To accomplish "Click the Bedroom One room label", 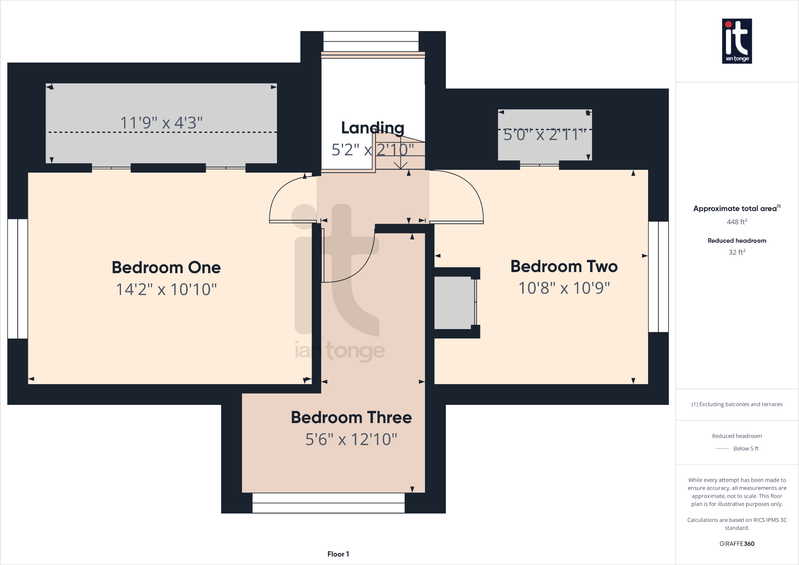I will tap(166, 267).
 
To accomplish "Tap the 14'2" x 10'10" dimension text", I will tap(166, 289).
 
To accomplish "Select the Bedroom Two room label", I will tap(564, 266).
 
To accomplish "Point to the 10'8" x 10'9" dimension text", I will tap(564, 288).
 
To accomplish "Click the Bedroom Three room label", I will tap(351, 417).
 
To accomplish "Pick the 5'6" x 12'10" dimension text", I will tap(351, 439).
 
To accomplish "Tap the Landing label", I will tap(372, 128).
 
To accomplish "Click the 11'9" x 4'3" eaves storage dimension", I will tap(161, 123).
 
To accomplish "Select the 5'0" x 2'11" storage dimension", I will tap(544, 134).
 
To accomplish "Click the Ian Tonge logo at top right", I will tap(737, 41).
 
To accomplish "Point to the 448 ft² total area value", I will tap(737, 222).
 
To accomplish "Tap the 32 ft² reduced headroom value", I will tap(737, 252).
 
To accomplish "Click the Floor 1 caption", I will tap(338, 554).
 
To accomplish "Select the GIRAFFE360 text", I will tap(737, 544).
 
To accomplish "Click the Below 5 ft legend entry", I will tap(746, 449).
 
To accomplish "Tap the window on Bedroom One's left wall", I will tap(18, 278).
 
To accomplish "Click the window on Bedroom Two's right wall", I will tap(658, 277).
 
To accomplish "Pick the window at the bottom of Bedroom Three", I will tap(328, 503).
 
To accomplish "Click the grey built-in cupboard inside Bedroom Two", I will tap(454, 303).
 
